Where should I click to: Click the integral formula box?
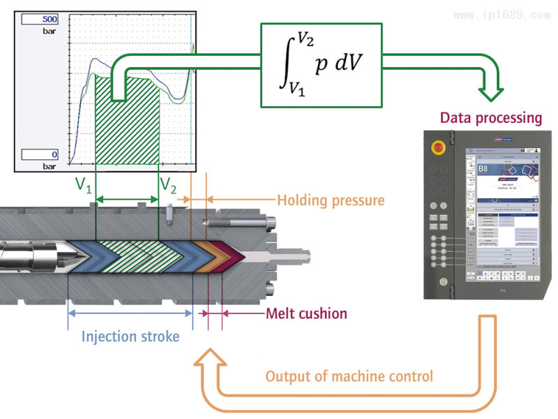[x=322, y=65]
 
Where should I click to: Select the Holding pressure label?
[x=331, y=200]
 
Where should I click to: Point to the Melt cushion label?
[x=306, y=313]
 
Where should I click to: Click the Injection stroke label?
[x=130, y=337]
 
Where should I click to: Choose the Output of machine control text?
[x=349, y=376]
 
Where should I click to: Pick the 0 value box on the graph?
[x=41, y=155]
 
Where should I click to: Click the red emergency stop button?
[x=439, y=148]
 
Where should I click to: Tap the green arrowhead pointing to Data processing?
[x=492, y=91]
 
